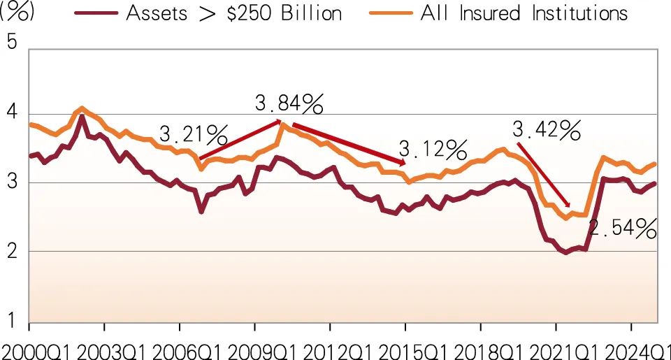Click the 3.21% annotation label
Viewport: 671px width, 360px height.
tap(194, 133)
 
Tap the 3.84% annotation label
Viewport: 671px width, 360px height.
tap(289, 105)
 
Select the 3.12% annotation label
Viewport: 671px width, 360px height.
tap(433, 148)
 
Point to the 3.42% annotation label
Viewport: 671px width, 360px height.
tap(547, 129)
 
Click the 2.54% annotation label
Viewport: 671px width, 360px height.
tap(622, 228)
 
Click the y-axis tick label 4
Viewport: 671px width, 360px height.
tap(11, 113)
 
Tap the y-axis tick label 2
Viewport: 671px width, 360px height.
tap(11, 252)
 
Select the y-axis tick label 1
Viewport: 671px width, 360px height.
tap(11, 321)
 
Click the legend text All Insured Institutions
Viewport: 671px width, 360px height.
tap(524, 13)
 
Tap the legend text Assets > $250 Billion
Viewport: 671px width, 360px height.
tap(234, 13)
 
